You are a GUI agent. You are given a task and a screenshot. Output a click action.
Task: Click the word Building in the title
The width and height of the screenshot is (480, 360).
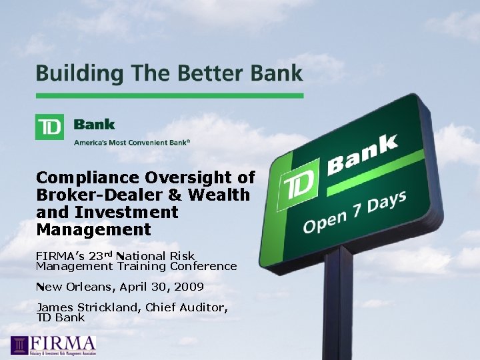click(x=72, y=74)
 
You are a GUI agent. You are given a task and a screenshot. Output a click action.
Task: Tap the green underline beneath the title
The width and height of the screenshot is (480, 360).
click(x=169, y=95)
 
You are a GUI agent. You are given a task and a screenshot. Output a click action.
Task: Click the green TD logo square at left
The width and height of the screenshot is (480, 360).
click(x=49, y=127)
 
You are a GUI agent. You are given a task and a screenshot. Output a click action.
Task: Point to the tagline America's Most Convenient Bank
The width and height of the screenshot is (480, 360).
click(x=132, y=141)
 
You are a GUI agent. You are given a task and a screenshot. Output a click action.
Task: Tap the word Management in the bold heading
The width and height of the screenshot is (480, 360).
click(x=93, y=230)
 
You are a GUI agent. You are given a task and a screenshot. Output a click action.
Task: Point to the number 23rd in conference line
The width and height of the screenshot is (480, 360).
click(x=101, y=255)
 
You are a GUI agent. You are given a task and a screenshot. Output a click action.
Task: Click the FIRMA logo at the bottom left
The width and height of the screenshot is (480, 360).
click(x=53, y=345)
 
